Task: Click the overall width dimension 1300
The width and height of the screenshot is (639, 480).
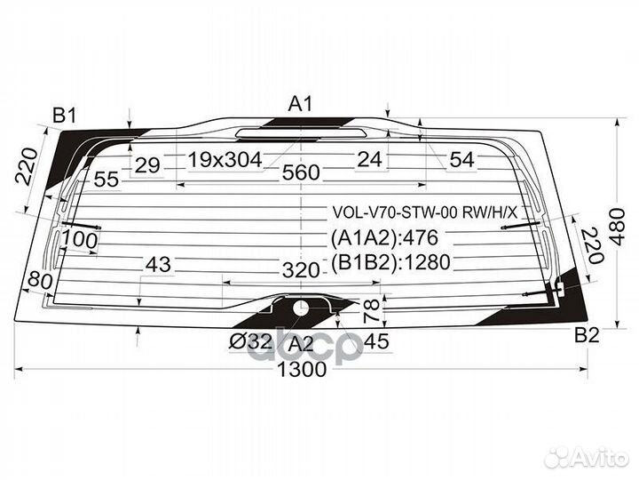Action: [302, 370]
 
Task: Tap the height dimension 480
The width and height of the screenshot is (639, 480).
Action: [618, 227]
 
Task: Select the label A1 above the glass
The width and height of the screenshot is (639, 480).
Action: [300, 104]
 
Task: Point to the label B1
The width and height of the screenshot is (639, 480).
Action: [65, 116]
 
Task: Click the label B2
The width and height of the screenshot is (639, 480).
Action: [587, 335]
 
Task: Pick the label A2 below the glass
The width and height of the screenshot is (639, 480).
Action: [301, 344]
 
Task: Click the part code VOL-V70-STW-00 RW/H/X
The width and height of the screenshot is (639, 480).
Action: [424, 212]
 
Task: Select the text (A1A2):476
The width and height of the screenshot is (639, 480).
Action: [384, 237]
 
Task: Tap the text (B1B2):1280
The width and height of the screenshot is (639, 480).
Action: [390, 262]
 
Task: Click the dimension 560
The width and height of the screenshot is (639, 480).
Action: [301, 172]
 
